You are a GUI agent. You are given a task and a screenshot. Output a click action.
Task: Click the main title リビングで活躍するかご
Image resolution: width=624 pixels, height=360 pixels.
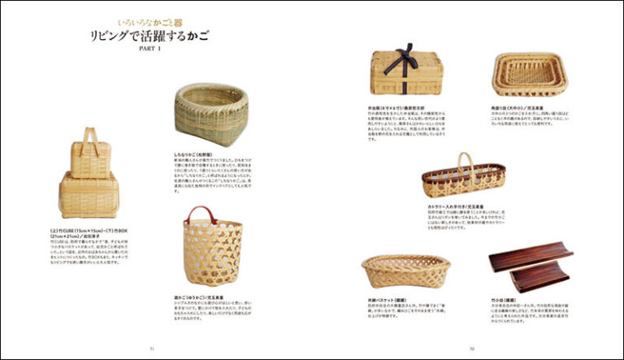[149, 37]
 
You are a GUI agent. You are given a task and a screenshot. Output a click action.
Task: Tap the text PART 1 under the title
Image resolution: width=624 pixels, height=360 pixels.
[150, 50]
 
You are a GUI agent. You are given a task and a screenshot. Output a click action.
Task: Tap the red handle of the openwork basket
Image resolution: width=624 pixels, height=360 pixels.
[201, 214]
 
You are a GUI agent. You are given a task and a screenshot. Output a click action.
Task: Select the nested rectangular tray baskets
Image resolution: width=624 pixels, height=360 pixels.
[529, 75]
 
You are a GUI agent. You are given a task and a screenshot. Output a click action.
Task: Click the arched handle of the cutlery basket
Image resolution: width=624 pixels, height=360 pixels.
[464, 160]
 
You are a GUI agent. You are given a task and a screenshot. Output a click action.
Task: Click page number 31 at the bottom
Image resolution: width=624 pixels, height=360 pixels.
[151, 349]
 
